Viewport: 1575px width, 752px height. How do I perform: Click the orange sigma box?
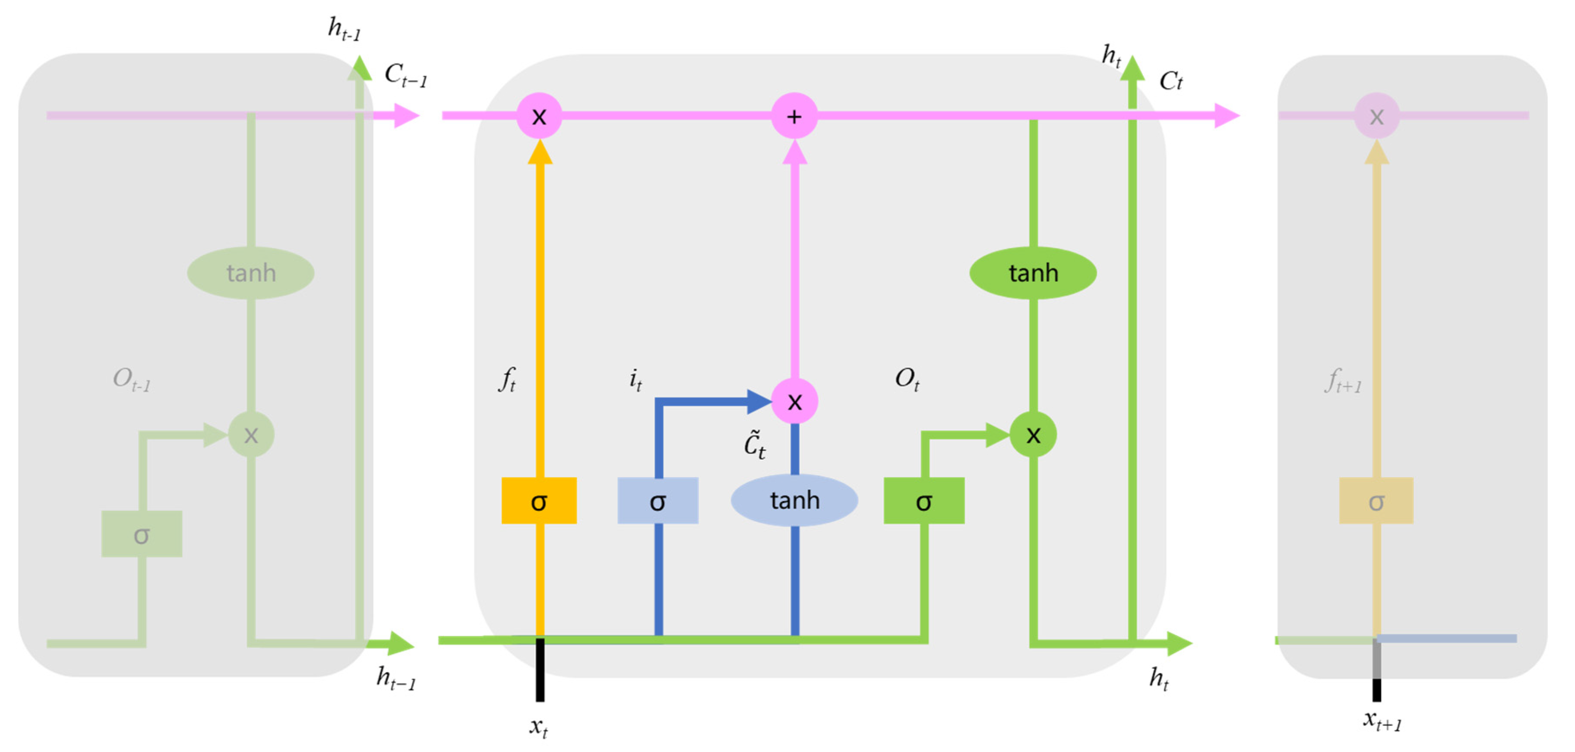pos(539,501)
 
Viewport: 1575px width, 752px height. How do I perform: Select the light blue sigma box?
pos(658,501)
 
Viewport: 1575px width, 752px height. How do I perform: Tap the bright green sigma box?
pos(924,501)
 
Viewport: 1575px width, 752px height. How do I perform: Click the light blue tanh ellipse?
pos(794,500)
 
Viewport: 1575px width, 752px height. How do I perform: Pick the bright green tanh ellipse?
pos(1033,273)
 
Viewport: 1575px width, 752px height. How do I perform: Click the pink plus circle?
pos(794,116)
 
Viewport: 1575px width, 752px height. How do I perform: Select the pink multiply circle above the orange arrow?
pos(539,116)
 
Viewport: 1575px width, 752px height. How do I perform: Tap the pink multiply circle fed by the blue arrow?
pos(794,401)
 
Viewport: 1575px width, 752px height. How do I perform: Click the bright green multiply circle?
pos(1033,435)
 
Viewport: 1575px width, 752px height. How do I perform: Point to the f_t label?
pos(507,379)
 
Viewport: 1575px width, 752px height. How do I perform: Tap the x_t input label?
pos(538,727)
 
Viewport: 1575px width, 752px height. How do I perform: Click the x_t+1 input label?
pos(1382,721)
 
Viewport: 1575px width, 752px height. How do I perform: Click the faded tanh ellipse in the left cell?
pos(251,273)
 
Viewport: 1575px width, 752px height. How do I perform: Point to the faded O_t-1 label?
pos(131,379)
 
